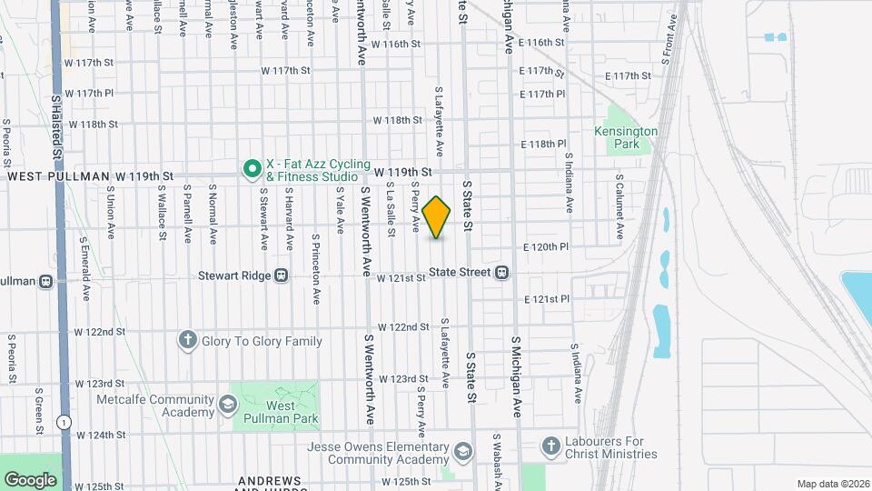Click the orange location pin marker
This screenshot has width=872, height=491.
pyautogui.click(x=437, y=217)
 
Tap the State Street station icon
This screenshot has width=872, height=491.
pyautogui.click(x=501, y=272)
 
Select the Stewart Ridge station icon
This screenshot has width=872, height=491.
pyautogui.click(x=282, y=275)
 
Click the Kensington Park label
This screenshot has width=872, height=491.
pyautogui.click(x=625, y=137)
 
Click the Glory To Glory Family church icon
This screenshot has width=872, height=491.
pyautogui.click(x=188, y=340)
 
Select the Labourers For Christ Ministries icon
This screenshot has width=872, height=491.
pyautogui.click(x=550, y=446)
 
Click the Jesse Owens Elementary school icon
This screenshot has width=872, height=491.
pyautogui.click(x=463, y=452)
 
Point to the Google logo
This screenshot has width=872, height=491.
pyautogui.click(x=30, y=479)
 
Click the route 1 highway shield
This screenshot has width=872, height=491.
pyautogui.click(x=63, y=422)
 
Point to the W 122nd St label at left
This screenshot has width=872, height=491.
pyautogui.click(x=100, y=331)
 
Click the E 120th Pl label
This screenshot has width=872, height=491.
pyautogui.click(x=545, y=246)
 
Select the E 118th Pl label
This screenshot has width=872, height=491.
pyautogui.click(x=543, y=145)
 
